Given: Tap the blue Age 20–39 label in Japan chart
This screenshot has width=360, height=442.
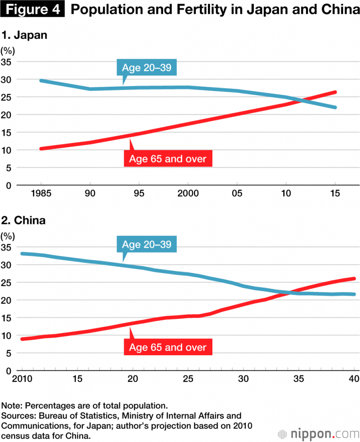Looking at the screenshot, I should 147,68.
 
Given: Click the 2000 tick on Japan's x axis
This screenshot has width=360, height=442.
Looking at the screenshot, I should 188,194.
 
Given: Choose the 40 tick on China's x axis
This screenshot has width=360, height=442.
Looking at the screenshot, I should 354,379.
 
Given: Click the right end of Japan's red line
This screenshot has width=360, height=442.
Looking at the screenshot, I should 335,92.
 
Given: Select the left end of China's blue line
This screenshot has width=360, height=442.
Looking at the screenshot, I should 22,253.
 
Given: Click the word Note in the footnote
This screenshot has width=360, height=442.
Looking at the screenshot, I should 11,407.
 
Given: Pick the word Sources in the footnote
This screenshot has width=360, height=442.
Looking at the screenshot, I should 17,416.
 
